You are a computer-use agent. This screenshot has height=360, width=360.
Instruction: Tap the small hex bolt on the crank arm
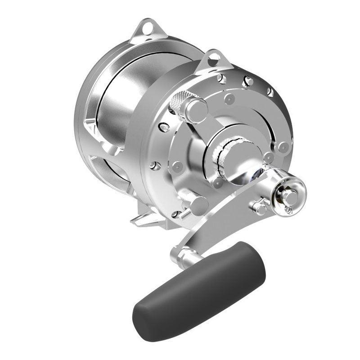pyautogui.click(x=259, y=208)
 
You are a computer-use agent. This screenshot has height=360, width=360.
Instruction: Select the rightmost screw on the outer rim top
pyautogui.click(x=270, y=92)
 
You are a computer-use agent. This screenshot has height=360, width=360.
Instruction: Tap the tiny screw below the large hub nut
pyautogui.click(x=288, y=209)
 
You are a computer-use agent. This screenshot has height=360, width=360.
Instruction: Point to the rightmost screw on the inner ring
pyautogui.click(x=283, y=146)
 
